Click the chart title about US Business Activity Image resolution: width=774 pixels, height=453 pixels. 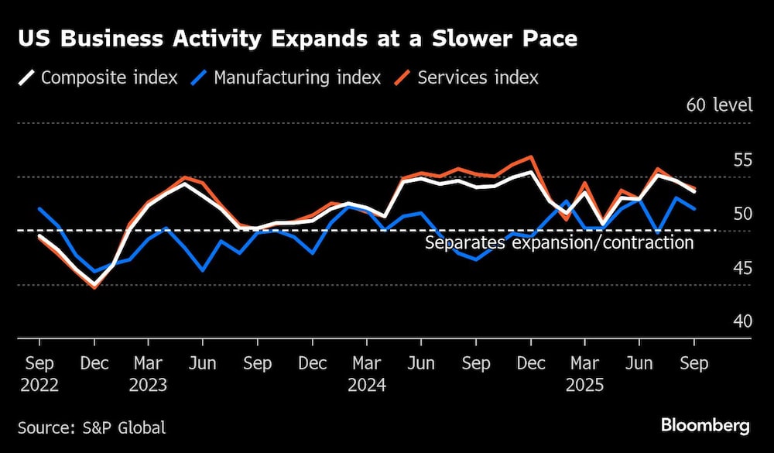(297, 39)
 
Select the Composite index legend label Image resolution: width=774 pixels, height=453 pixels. (109, 77)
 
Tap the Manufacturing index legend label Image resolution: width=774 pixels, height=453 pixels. (297, 77)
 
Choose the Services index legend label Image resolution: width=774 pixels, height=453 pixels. (478, 77)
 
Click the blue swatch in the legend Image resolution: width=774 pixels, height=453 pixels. (200, 77)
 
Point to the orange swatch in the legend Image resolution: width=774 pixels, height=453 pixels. (403, 77)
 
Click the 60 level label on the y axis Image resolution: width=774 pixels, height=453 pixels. (719, 105)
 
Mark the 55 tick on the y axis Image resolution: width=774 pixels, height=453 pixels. (741, 160)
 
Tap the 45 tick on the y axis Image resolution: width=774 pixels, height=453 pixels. (741, 268)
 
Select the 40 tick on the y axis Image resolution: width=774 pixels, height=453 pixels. (741, 321)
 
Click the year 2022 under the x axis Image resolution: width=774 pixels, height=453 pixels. (39, 384)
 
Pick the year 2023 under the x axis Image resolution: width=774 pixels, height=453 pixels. (149, 384)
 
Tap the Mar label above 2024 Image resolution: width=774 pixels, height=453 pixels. (367, 363)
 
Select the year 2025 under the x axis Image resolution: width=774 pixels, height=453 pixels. (584, 384)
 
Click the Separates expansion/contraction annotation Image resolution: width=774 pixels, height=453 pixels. (559, 242)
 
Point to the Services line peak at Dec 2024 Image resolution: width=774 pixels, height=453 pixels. (531, 157)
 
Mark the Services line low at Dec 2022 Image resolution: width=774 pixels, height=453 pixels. (94, 287)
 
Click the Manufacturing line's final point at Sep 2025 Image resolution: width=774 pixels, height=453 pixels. (694, 209)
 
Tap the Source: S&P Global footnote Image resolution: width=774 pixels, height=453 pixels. (91, 427)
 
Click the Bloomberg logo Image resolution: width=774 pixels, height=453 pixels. (705, 425)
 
